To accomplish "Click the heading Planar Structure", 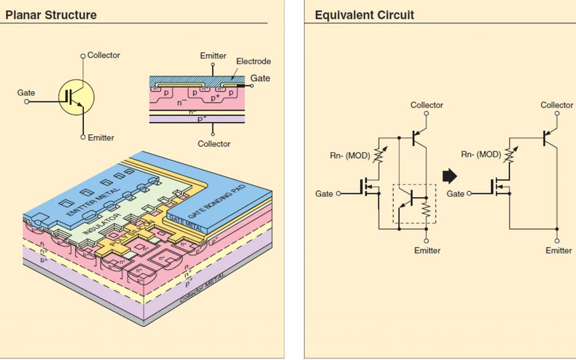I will pyautogui.click(x=51, y=15).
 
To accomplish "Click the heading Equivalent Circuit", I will pyautogui.click(x=364, y=15).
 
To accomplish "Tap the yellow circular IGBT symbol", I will pyautogui.click(x=76, y=97).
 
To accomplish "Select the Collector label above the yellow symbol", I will pyautogui.click(x=103, y=55).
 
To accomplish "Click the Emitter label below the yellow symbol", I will pyautogui.click(x=101, y=138).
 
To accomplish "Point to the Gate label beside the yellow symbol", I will pyautogui.click(x=26, y=93).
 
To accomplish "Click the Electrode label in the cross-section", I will pyautogui.click(x=253, y=61).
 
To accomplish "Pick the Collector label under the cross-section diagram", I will pyautogui.click(x=214, y=144).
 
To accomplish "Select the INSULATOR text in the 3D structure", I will pyautogui.click(x=102, y=224).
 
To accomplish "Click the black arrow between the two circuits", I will pyautogui.click(x=450, y=177).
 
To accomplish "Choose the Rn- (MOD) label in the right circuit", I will pyautogui.click(x=481, y=154).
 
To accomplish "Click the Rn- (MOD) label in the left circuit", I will pyautogui.click(x=350, y=156).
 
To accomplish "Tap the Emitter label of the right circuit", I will pyautogui.click(x=558, y=250).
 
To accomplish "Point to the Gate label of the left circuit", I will pyautogui.click(x=324, y=193).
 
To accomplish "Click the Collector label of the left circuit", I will pyautogui.click(x=426, y=105).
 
